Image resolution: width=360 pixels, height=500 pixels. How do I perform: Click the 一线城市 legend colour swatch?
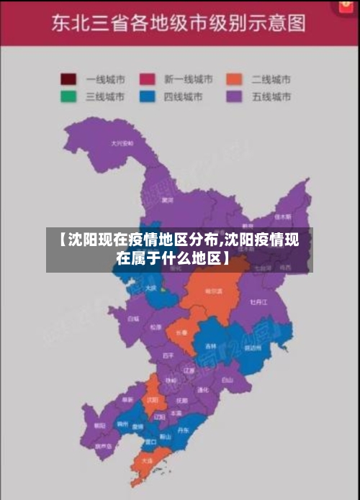pyautogui.click(x=69, y=79)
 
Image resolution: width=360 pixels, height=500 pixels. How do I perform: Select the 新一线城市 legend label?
pyautogui.click(x=189, y=79)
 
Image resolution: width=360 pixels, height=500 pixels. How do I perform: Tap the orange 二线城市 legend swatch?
pyautogui.click(x=233, y=79)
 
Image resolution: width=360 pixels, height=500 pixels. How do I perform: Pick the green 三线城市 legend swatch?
pyautogui.click(x=69, y=96)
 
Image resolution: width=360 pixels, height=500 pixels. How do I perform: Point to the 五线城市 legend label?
pyautogui.click(x=271, y=96)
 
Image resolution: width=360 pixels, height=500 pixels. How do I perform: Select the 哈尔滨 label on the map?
pyautogui.click(x=213, y=291)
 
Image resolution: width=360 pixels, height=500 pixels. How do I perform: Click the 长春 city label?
pyautogui.click(x=180, y=332)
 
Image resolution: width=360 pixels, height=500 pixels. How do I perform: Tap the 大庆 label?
pyautogui.click(x=150, y=288)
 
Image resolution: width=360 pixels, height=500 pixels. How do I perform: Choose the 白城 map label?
pyautogui.click(x=133, y=317)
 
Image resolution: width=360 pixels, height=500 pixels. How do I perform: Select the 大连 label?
pyautogui.click(x=147, y=460)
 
